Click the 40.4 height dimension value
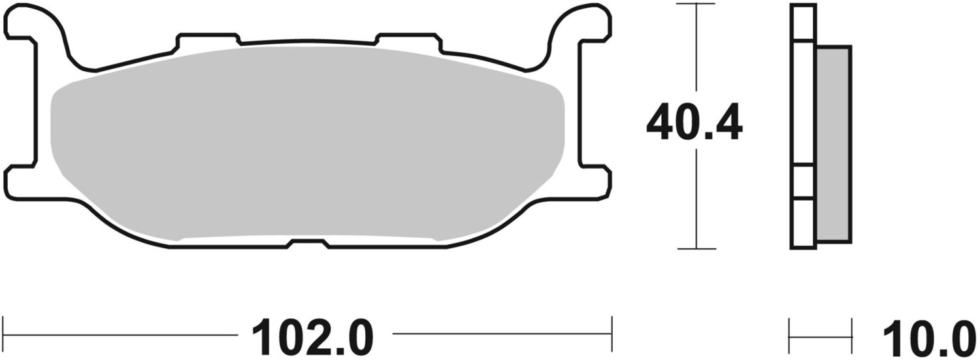pyautogui.click(x=694, y=122)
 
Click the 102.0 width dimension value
pyautogui.click(x=312, y=337)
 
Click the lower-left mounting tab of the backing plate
pyautogui.click(x=22, y=183)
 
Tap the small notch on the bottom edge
pyautogui.click(x=308, y=244)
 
